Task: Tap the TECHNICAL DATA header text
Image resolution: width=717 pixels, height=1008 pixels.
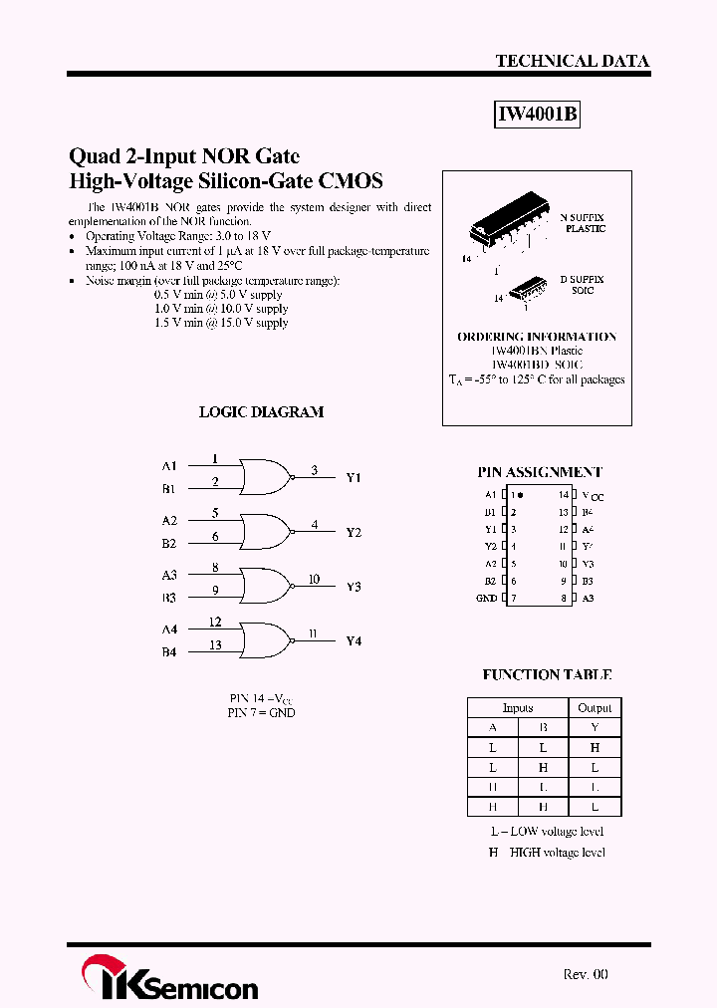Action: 572,61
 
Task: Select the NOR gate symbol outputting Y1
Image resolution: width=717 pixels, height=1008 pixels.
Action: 265,477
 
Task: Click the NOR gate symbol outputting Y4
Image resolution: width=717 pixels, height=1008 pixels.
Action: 265,639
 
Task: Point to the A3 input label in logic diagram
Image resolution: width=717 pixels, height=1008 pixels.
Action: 169,575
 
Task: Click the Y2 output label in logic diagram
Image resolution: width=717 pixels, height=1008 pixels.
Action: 354,532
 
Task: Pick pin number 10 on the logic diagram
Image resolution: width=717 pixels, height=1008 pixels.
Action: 314,579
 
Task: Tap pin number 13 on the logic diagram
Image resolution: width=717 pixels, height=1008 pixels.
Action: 215,645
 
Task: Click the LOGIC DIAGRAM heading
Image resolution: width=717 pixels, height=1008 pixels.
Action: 261,411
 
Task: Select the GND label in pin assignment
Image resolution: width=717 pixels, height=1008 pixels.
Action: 486,598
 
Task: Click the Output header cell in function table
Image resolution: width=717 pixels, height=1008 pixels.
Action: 595,707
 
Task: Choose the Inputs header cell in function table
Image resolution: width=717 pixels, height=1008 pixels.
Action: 518,707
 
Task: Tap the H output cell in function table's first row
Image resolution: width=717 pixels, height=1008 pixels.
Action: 595,747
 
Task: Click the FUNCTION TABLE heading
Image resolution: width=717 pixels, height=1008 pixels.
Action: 547,674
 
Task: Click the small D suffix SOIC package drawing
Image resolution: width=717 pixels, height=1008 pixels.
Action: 524,289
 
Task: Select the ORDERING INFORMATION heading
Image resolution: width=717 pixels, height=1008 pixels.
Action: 537,337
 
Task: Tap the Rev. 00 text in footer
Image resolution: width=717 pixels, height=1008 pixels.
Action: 586,974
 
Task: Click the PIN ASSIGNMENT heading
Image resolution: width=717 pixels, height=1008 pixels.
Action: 540,472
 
